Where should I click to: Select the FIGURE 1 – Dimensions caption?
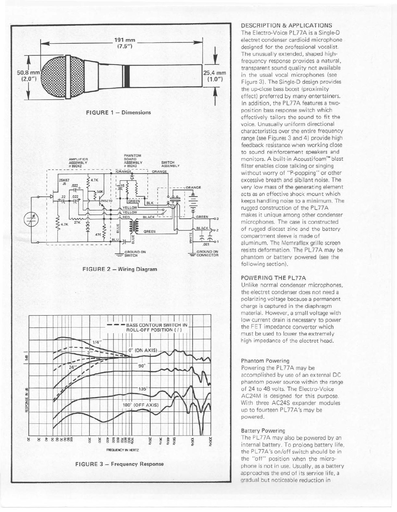click(x=118, y=112)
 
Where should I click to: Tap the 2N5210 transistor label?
click(x=106, y=201)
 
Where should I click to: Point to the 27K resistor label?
click(x=77, y=223)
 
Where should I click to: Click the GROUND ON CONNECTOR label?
click(x=207, y=253)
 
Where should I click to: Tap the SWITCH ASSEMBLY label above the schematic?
click(x=170, y=164)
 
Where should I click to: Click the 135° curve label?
click(x=143, y=389)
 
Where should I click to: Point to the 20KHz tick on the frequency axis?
click(x=210, y=441)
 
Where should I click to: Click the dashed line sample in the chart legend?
click(x=116, y=325)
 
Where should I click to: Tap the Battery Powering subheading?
click(x=263, y=431)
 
